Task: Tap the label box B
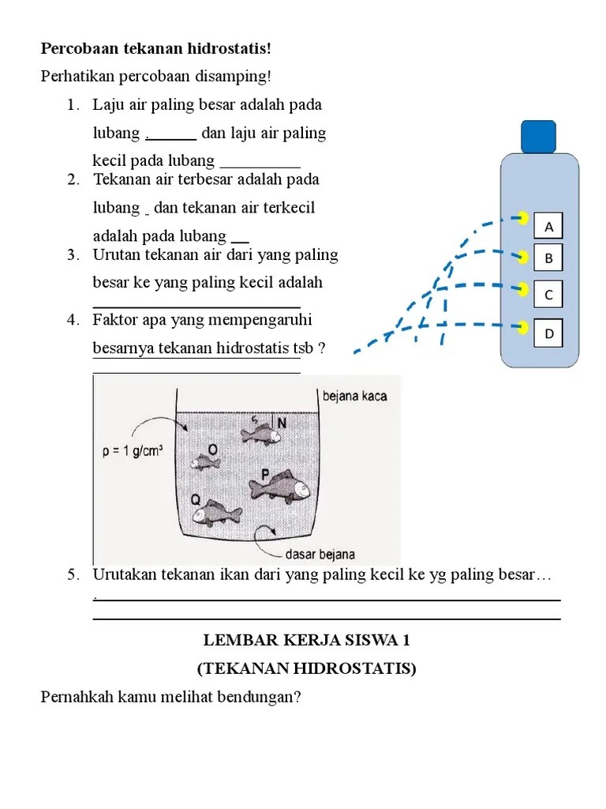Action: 549,258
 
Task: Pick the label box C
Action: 549,295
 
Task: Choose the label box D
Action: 549,333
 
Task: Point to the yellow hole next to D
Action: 522,325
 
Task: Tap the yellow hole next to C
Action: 522,288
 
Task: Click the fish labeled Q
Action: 218,513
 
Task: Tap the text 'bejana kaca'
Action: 354,396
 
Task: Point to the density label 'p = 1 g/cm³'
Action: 133,452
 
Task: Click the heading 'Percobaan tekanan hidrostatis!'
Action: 155,49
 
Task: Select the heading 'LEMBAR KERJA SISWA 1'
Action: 306,640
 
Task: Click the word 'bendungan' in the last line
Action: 267,698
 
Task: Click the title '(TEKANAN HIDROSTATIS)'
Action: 306,668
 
